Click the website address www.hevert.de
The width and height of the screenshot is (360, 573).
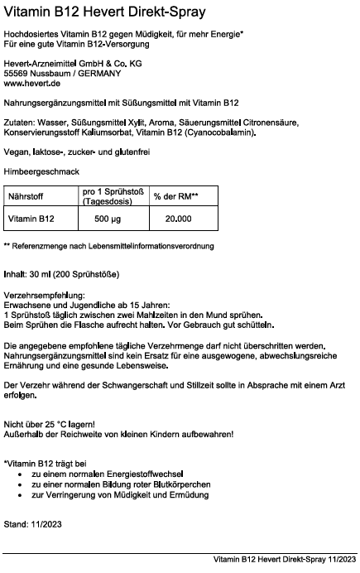[32, 84]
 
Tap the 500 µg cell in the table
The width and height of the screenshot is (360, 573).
[108, 219]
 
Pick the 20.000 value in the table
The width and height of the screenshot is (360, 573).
[178, 219]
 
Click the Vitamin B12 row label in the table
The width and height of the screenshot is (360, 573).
[31, 219]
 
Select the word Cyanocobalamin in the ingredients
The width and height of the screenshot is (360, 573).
[218, 132]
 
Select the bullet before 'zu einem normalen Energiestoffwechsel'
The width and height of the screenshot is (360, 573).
[20, 474]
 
